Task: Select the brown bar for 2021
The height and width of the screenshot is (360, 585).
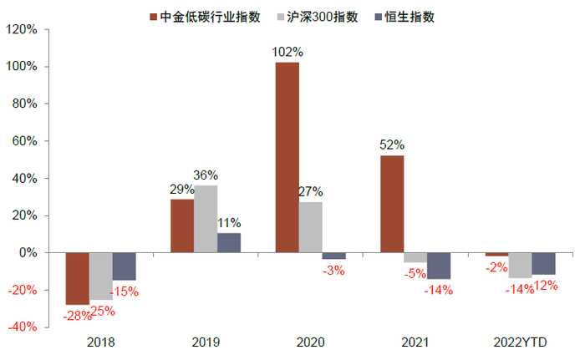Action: [392, 204]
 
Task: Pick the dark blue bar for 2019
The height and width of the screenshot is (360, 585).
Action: [229, 242]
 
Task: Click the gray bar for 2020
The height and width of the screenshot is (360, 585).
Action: [310, 227]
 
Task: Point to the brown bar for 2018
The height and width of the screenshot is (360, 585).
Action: [78, 278]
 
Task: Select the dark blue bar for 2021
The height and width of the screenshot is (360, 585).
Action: [439, 266]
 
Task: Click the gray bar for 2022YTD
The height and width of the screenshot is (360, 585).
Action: [520, 265]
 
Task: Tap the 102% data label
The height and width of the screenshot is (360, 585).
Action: [287, 52]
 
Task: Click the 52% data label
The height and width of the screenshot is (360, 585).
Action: [392, 145]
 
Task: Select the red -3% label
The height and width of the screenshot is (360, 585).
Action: [333, 270]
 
